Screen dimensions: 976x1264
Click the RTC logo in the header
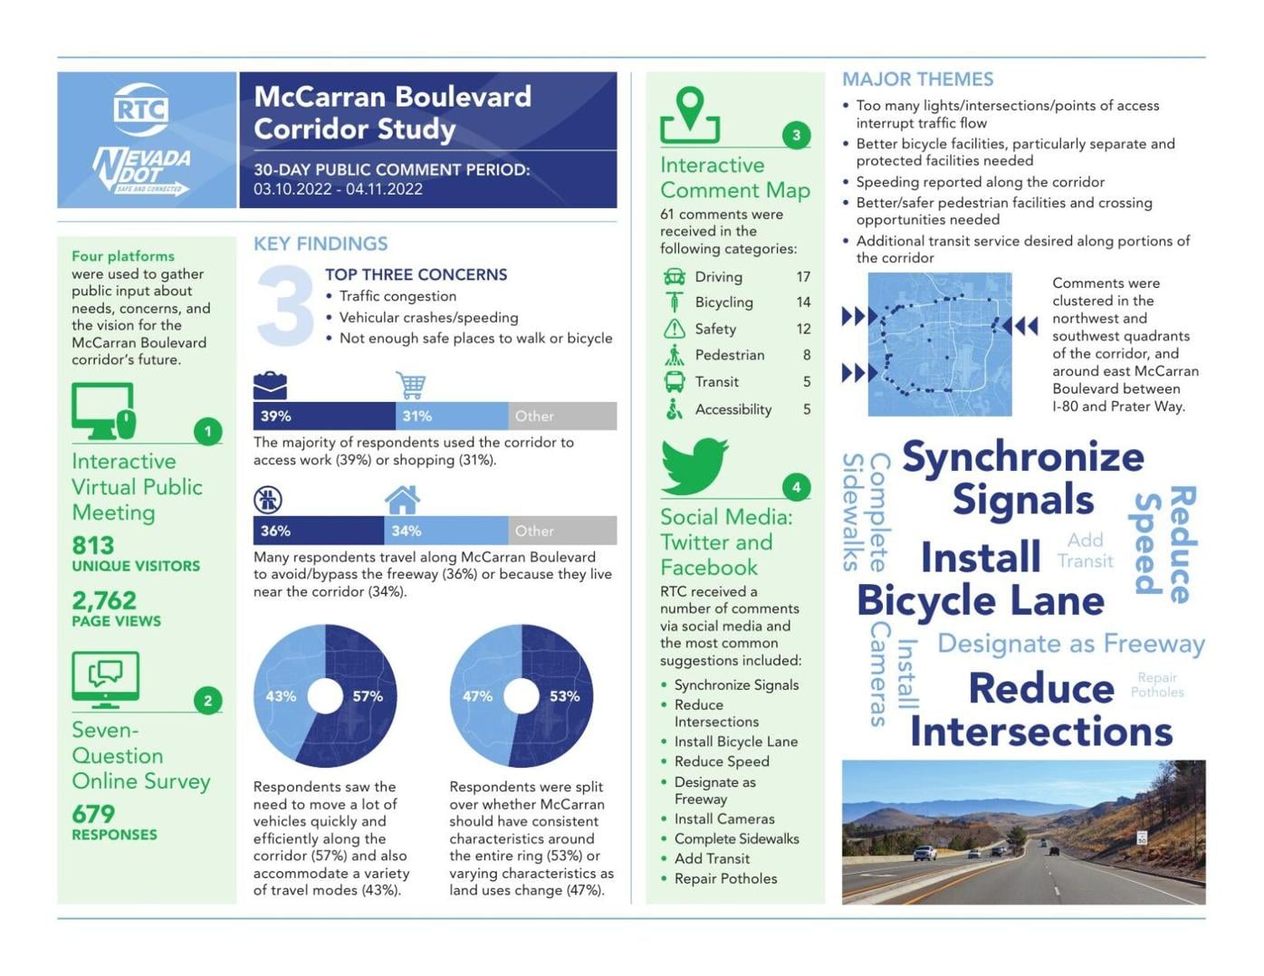[142, 109]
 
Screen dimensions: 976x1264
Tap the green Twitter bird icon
[694, 465]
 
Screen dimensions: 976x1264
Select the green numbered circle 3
[796, 136]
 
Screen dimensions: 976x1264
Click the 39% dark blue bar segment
[323, 416]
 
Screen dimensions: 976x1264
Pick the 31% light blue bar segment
[452, 416]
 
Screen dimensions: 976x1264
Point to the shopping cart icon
[411, 385]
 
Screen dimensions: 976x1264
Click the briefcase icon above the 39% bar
[270, 385]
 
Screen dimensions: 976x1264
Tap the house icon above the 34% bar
[402, 499]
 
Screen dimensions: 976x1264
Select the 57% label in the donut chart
[368, 696]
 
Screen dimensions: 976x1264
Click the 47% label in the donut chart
[477, 696]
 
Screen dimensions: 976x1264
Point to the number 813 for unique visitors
[93, 545]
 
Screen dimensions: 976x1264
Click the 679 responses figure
[93, 814]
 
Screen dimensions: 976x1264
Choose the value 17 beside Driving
[803, 277]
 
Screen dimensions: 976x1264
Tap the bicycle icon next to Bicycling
[675, 302]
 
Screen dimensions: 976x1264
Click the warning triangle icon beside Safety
[675, 329]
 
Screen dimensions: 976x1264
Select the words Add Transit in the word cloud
[1085, 550]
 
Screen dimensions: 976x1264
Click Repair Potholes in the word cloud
[1157, 684]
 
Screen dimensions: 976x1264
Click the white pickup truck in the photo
[925, 852]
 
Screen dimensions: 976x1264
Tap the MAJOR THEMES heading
[917, 80]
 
